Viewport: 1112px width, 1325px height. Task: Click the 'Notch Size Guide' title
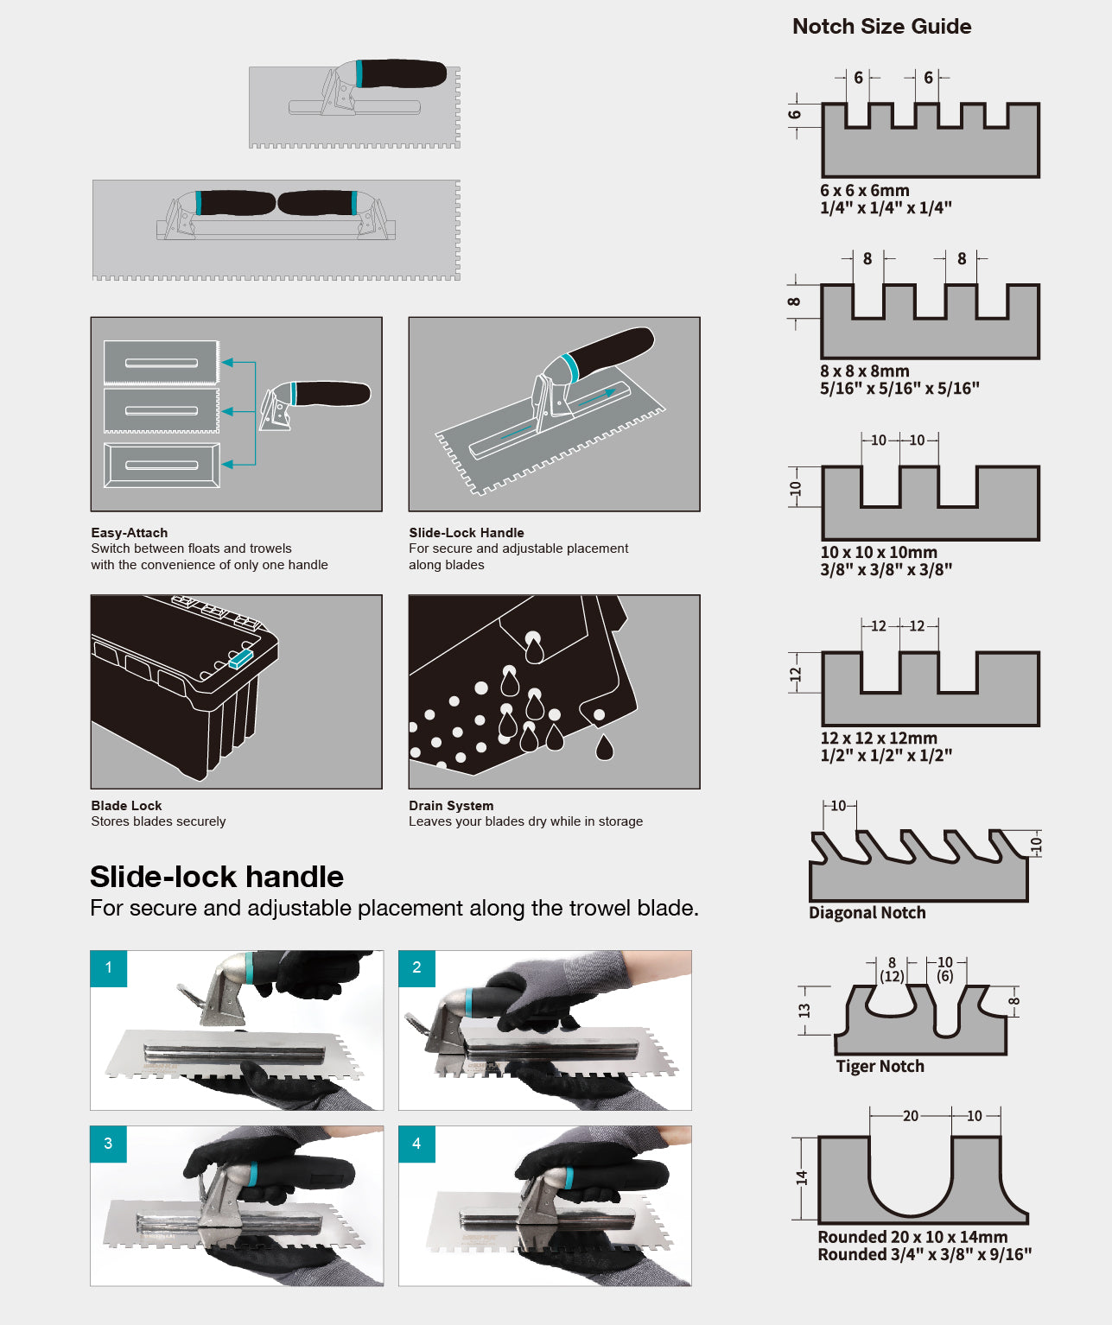(x=881, y=27)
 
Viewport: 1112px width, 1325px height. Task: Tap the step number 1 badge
(x=109, y=967)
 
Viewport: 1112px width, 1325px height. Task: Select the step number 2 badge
(x=417, y=967)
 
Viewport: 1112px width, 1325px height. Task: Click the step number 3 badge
(x=109, y=1144)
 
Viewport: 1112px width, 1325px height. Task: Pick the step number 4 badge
(x=417, y=1144)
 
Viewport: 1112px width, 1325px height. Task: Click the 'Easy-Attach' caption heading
(x=130, y=532)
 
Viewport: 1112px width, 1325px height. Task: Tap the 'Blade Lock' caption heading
(x=126, y=805)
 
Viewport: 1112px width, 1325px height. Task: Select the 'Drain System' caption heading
(x=451, y=805)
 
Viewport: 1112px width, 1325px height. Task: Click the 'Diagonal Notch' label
(x=867, y=912)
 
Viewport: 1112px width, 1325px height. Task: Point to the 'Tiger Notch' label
(x=880, y=1066)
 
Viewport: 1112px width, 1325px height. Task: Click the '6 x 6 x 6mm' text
(x=865, y=190)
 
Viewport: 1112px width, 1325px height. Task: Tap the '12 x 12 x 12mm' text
(x=879, y=738)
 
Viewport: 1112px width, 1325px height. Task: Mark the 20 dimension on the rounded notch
(x=910, y=1116)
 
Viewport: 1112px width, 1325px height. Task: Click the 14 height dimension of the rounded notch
(x=802, y=1178)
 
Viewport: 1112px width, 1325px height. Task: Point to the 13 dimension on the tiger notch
(x=804, y=1011)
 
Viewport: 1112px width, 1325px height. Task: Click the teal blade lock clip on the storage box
(x=241, y=659)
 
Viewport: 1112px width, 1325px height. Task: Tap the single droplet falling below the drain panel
(x=605, y=747)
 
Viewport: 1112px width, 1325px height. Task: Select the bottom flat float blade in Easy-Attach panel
(x=162, y=466)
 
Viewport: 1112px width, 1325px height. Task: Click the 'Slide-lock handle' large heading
(x=216, y=877)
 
